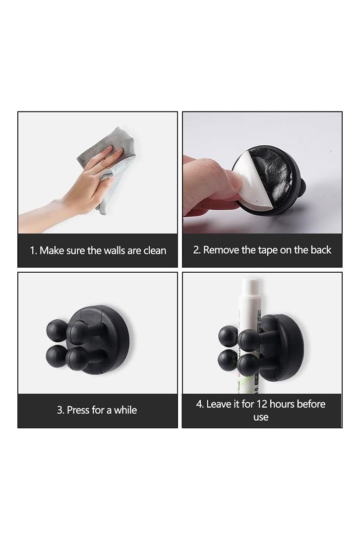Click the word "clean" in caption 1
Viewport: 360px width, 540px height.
pos(155,250)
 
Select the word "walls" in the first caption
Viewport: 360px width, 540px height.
pos(114,250)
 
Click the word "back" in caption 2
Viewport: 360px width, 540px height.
pos(321,249)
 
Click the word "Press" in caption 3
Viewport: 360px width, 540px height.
pos(78,410)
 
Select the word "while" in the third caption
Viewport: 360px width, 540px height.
pos(125,410)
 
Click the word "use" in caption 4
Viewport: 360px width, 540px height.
pos(261,418)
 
